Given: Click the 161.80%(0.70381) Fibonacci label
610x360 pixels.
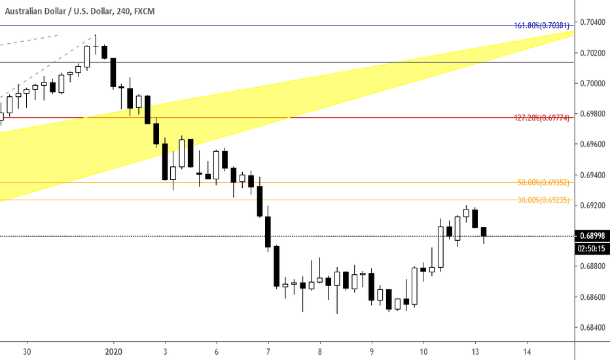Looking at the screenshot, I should pos(543,26).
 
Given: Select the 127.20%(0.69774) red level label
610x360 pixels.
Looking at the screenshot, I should pos(543,118).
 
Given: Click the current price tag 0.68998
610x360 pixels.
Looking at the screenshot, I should pos(592,236).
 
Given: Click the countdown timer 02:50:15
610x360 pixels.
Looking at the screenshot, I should pos(592,249).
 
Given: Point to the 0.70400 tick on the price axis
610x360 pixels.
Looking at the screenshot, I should pos(592,22).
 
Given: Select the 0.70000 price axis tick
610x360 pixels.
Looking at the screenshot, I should pos(592,83).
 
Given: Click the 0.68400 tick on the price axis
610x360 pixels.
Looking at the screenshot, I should pos(592,327).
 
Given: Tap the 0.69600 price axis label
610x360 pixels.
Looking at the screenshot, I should pos(592,144).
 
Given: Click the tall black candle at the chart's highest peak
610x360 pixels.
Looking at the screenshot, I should pos(113,72).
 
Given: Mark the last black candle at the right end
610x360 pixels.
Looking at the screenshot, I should pos(484,232).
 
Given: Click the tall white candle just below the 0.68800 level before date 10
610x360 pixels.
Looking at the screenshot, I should pos(414,286).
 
